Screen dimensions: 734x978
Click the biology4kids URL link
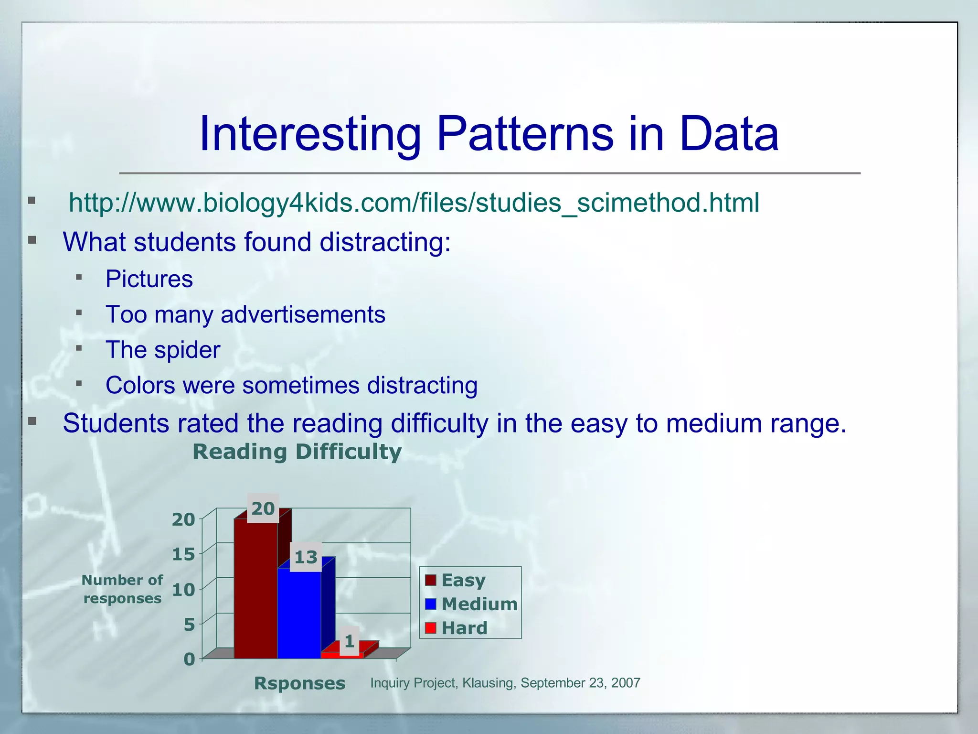tap(414, 203)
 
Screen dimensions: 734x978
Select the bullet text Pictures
tap(149, 279)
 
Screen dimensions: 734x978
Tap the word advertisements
tap(303, 314)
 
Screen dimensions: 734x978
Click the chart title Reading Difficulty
tap(297, 452)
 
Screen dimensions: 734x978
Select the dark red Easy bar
tap(255, 593)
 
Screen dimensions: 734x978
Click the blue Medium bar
tap(299, 616)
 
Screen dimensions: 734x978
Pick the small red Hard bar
tap(342, 655)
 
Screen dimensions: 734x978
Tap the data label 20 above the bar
tap(263, 509)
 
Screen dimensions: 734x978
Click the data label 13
tap(306, 557)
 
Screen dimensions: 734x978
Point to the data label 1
tap(349, 641)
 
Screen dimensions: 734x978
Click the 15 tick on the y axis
tap(183, 554)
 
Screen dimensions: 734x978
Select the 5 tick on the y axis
tap(189, 625)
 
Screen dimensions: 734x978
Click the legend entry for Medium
tap(479, 604)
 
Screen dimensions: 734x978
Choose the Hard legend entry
tap(464, 628)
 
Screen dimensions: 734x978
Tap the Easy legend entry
tap(463, 580)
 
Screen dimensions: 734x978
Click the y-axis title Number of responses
tap(122, 589)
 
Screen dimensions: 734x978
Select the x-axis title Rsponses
tap(299, 683)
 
